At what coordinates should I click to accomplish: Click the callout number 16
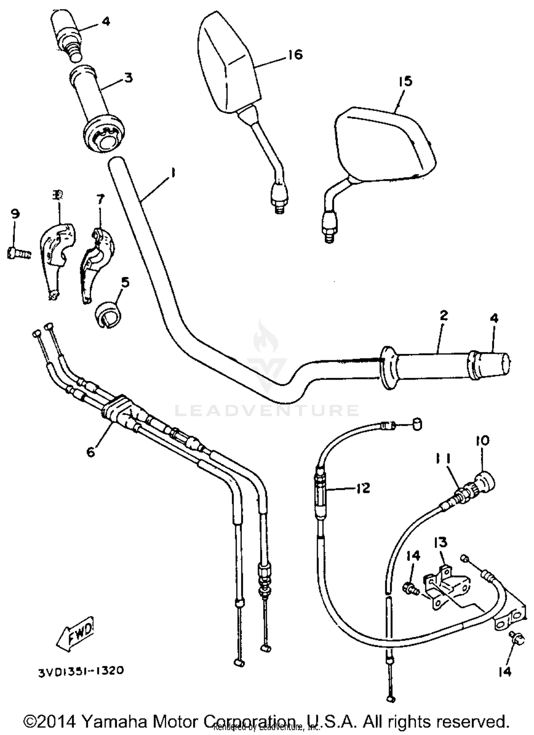tap(295, 55)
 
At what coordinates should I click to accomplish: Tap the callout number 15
tap(405, 81)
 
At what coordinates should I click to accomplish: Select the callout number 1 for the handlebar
tap(173, 174)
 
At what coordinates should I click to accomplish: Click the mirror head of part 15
tap(384, 144)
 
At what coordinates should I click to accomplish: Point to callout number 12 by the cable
tap(363, 488)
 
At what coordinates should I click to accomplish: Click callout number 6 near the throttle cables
tap(91, 452)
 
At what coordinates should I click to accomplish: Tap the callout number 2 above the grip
tap(444, 316)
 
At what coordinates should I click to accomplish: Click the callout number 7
tap(100, 200)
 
